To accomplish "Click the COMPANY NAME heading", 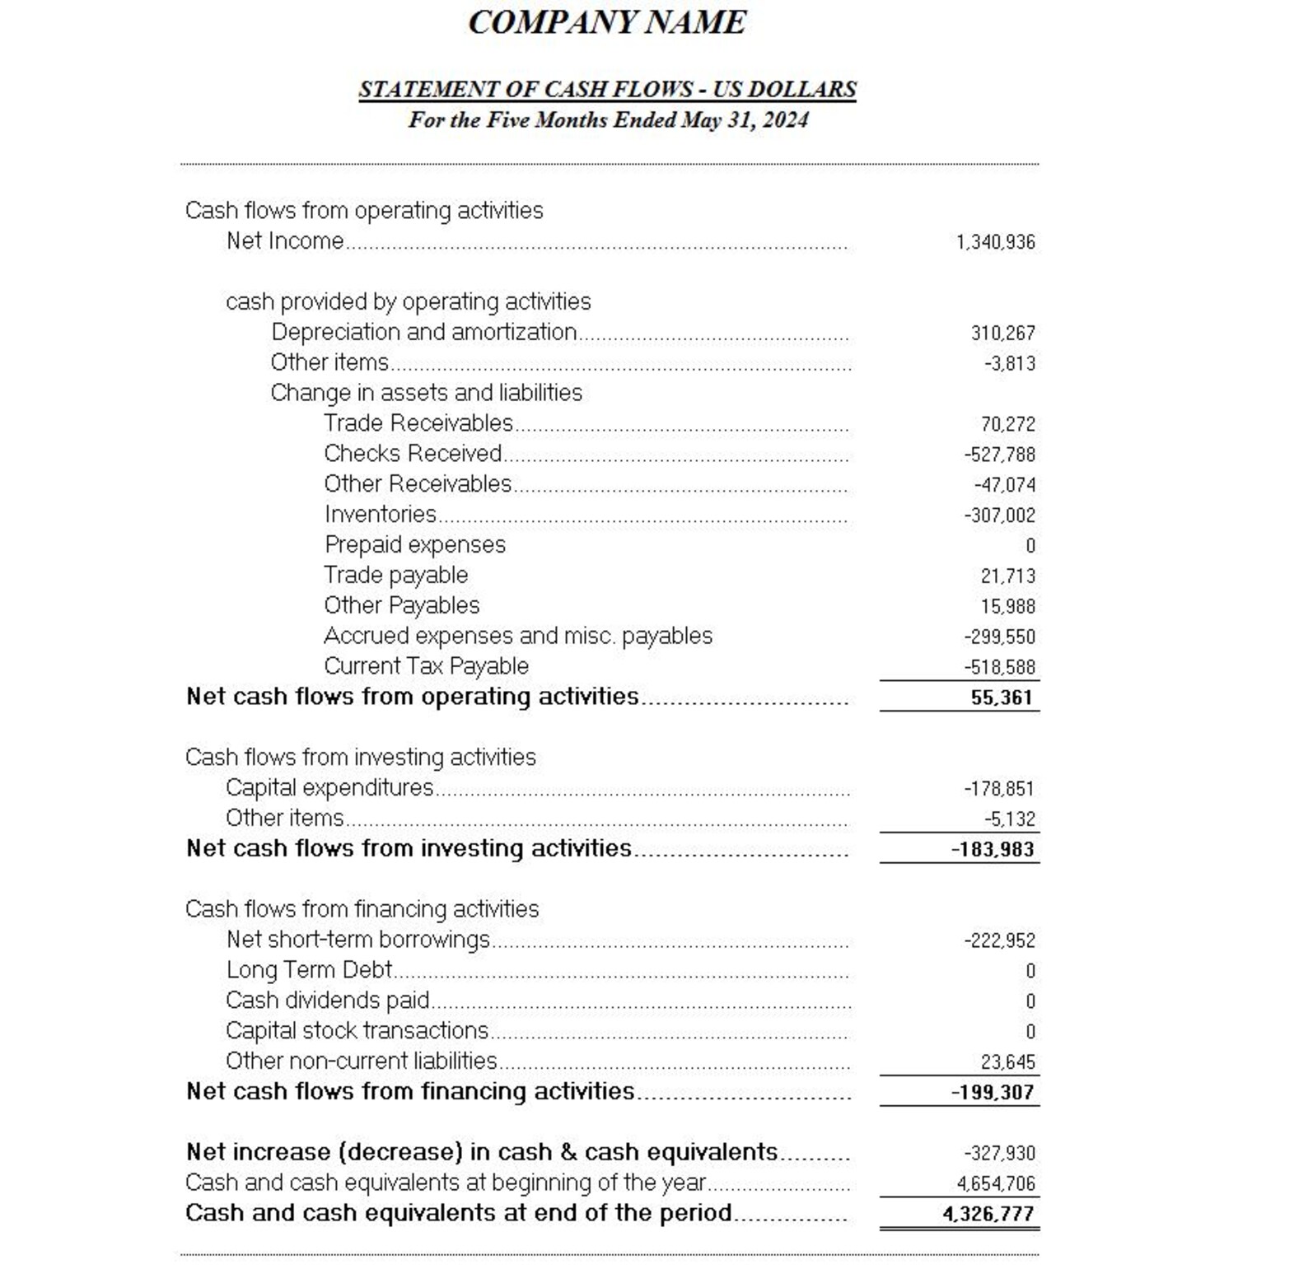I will [x=607, y=22].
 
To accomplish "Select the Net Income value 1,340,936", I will [x=995, y=242].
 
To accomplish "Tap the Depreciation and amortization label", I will [x=423, y=332].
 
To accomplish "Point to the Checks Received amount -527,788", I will [x=999, y=455].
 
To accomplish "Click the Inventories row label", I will [x=380, y=515].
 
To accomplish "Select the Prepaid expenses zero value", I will [x=1030, y=546].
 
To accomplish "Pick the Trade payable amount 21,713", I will [x=1007, y=576].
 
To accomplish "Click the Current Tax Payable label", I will [x=426, y=666].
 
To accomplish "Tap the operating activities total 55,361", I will [x=1001, y=697].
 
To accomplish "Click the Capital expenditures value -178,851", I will [x=998, y=789].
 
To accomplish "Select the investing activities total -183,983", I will [x=992, y=849].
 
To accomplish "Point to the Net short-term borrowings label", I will [x=357, y=940].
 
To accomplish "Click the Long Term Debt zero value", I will [x=1030, y=972].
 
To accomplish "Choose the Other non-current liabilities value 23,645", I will [x=1007, y=1062].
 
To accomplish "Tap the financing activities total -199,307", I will [x=992, y=1093].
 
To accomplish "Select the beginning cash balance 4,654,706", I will [x=995, y=1184].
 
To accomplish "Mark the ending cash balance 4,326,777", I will [x=988, y=1214].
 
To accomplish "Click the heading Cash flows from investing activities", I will [x=360, y=757].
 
